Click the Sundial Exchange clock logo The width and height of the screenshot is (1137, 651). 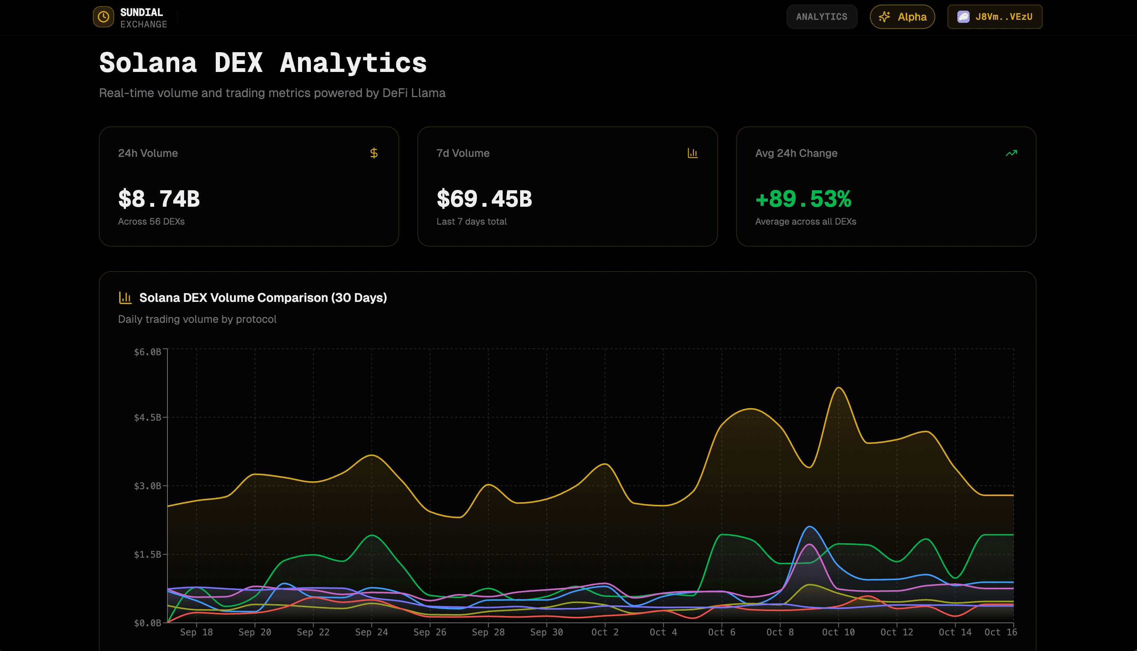(x=103, y=17)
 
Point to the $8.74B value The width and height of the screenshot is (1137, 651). (x=159, y=199)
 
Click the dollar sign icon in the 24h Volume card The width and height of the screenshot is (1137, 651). (x=374, y=153)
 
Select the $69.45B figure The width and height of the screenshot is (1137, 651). (x=484, y=199)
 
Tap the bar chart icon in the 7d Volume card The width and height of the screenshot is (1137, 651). (x=693, y=153)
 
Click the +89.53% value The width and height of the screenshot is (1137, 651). (x=803, y=199)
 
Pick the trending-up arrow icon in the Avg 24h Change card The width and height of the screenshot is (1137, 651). (x=1011, y=153)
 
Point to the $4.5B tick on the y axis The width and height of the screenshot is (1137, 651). (x=147, y=418)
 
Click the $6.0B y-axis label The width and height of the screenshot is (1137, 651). (x=147, y=352)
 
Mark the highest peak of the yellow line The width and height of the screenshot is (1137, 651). (x=839, y=388)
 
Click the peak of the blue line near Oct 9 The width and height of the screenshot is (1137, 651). (x=809, y=527)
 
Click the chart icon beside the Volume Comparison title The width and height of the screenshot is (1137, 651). (x=125, y=298)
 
